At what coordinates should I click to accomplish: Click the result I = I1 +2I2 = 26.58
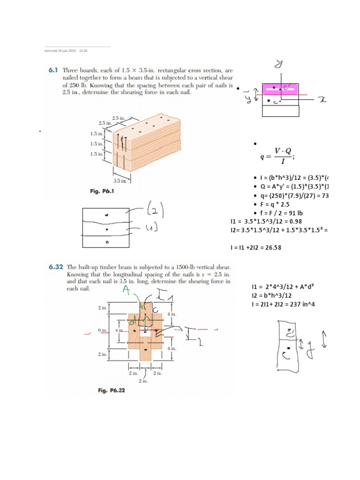[256, 247]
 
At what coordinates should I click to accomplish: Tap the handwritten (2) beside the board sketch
[154, 209]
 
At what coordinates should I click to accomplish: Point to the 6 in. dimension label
[103, 330]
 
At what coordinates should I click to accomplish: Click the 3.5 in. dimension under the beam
[120, 180]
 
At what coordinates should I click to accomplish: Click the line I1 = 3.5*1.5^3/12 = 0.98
[270, 221]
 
